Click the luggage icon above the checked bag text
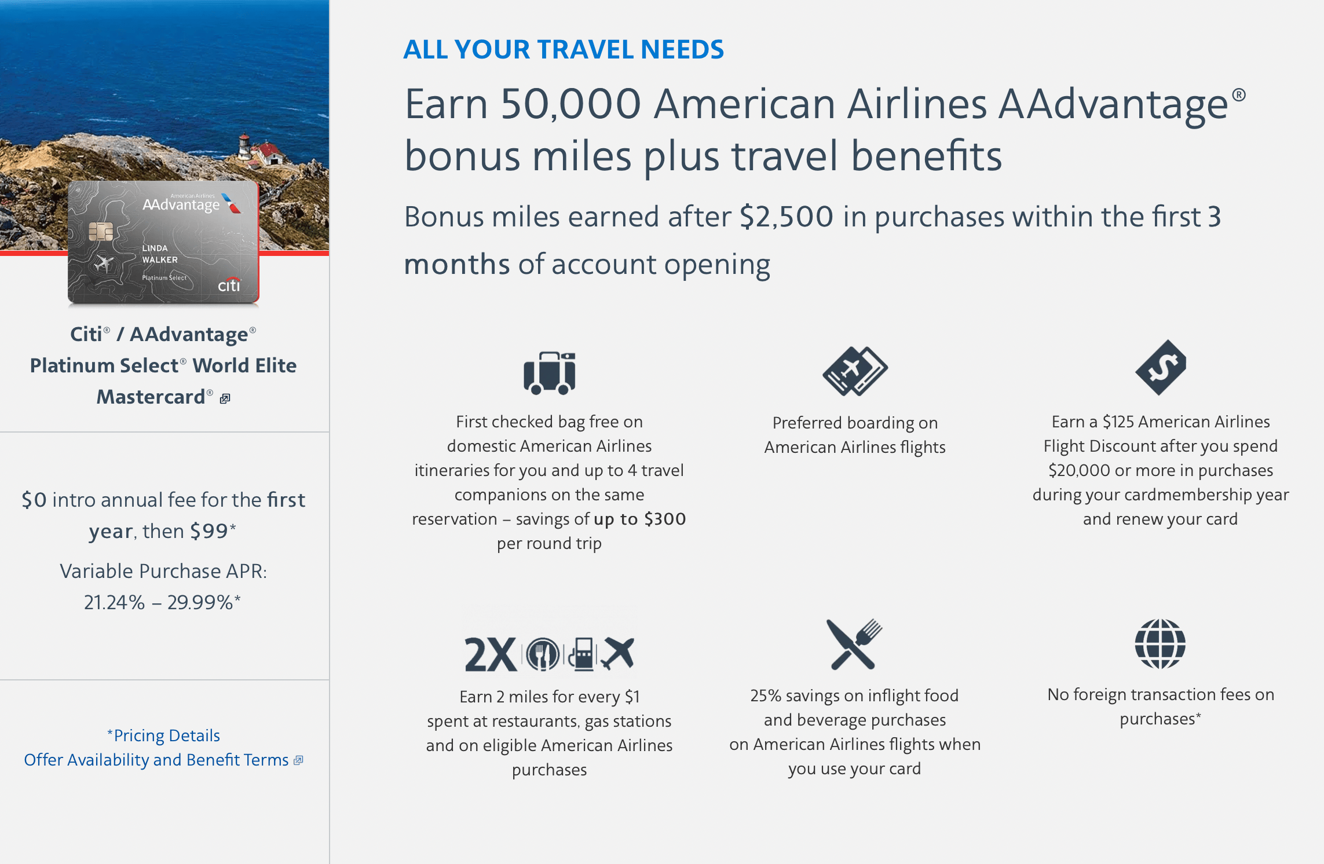pos(549,373)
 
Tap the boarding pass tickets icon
pos(855,371)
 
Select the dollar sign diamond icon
pos(1161,368)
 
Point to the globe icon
pos(1160,643)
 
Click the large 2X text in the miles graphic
pos(490,655)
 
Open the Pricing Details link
pos(163,735)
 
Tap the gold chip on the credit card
pos(101,231)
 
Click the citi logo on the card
pos(229,284)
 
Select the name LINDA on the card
pos(155,248)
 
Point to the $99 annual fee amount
pos(210,531)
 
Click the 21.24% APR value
pos(114,602)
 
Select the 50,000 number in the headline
pos(570,105)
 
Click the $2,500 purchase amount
pos(787,217)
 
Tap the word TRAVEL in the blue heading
pos(585,49)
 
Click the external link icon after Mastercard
pos(225,398)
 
